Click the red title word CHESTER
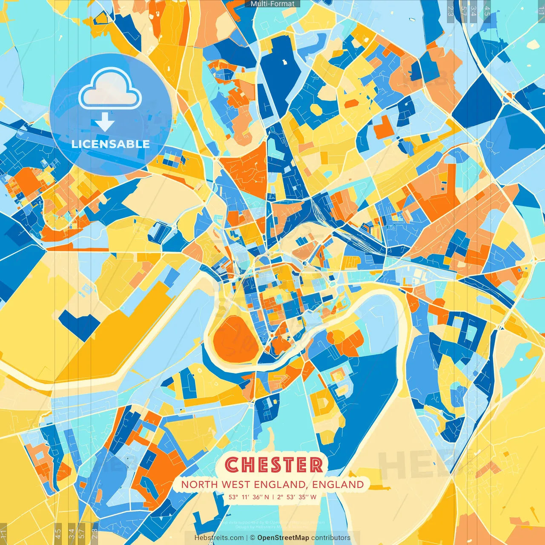click(x=273, y=465)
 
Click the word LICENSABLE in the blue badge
click(x=111, y=144)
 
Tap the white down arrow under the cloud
click(x=105, y=122)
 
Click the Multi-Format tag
click(x=272, y=4)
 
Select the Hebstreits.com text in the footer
click(x=219, y=538)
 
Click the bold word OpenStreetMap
click(x=283, y=538)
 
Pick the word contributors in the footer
click(x=331, y=538)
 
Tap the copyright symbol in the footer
click(x=252, y=538)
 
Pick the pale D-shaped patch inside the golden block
click(x=321, y=402)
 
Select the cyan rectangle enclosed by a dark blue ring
click(x=468, y=330)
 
